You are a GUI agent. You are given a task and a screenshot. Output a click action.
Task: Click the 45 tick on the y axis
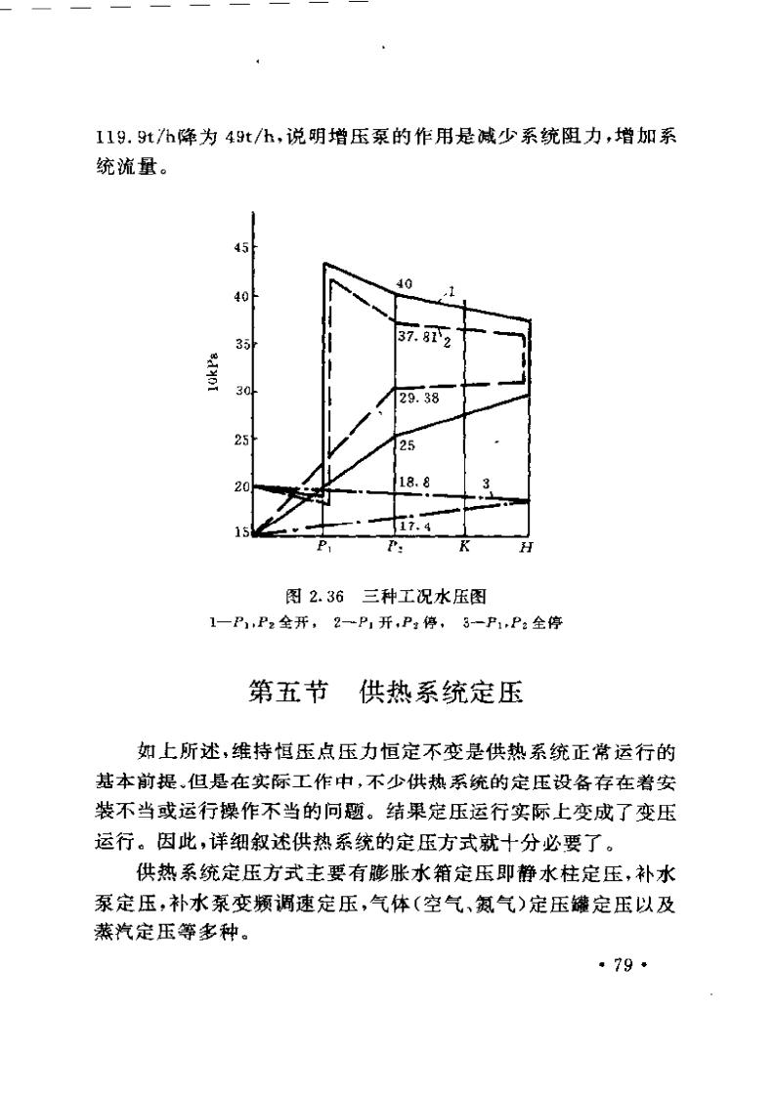click(240, 247)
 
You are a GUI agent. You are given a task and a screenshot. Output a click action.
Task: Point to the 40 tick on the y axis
click(240, 296)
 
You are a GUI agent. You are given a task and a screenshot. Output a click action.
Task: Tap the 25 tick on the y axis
click(240, 439)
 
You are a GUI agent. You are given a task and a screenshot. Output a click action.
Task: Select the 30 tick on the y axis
click(240, 392)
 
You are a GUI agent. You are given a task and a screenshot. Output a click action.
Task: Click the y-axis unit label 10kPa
click(212, 373)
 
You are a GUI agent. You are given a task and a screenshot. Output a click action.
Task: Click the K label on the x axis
click(465, 547)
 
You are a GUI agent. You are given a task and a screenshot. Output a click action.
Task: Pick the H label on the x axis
click(526, 548)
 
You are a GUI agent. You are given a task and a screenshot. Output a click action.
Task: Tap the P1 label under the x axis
click(324, 548)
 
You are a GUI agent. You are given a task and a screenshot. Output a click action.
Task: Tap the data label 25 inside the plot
click(408, 445)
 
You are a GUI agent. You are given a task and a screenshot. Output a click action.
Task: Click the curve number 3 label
click(485, 484)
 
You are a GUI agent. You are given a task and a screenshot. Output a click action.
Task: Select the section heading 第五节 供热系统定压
click(387, 693)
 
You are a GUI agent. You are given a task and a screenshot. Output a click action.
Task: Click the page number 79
click(623, 966)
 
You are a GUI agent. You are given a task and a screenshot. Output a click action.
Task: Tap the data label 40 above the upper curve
click(404, 283)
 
